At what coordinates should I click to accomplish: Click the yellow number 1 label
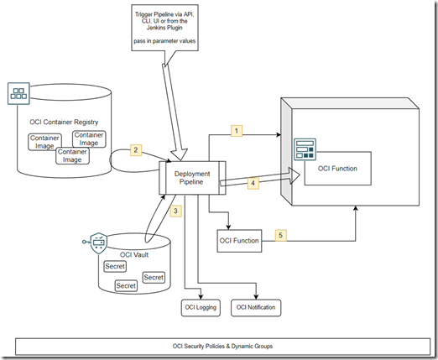coord(237,131)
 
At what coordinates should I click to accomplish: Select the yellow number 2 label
coord(135,150)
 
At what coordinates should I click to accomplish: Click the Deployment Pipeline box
coord(191,179)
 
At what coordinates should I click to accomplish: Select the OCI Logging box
coord(201,308)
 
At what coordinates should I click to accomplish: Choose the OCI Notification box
coord(255,308)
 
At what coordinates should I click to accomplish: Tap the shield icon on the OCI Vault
coord(96,244)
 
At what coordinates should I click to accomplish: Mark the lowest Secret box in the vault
coord(126,285)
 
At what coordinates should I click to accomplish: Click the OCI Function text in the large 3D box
coord(337,169)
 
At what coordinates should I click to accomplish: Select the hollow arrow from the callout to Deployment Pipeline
coord(176,109)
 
